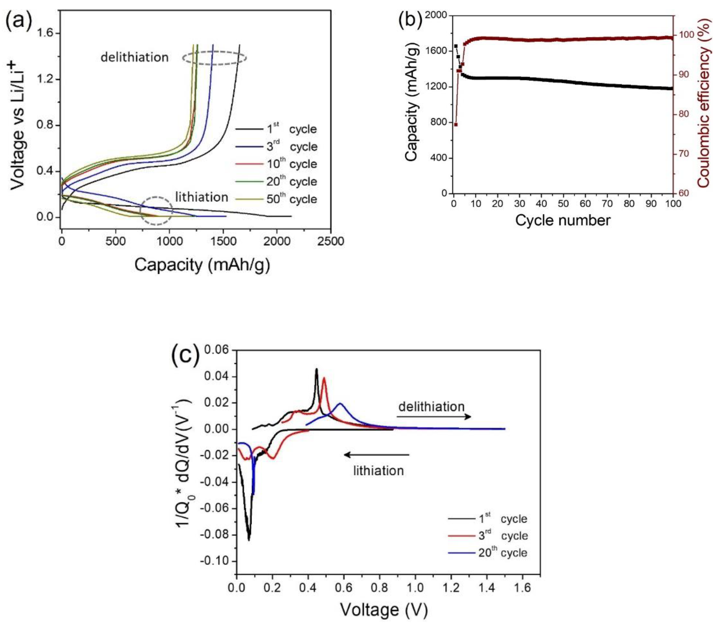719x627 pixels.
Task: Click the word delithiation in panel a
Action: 135,57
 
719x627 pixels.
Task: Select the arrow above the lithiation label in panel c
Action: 376,455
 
